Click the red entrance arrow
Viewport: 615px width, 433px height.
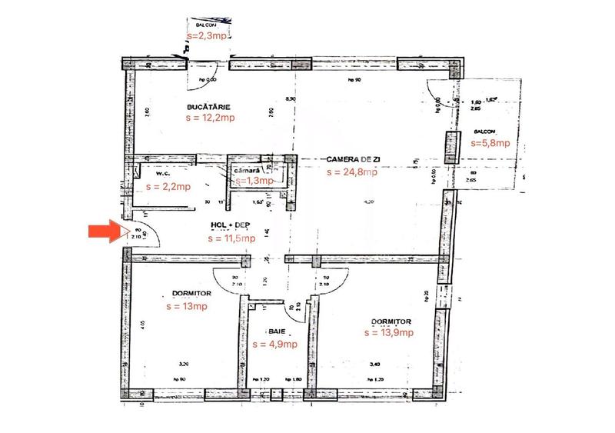point(106,231)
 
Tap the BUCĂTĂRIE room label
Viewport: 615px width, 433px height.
point(208,107)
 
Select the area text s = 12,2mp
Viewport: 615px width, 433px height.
point(209,119)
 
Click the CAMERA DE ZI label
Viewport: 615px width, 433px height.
point(354,159)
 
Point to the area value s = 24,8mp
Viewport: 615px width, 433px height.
point(351,172)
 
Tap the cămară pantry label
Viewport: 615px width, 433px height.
point(254,168)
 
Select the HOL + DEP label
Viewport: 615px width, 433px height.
point(231,225)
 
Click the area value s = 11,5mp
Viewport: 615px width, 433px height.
point(231,238)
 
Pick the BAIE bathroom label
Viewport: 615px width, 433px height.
point(276,331)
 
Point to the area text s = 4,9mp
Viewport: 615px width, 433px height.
point(274,344)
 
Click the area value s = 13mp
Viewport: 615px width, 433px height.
point(187,305)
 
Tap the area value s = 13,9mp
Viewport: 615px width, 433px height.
point(387,332)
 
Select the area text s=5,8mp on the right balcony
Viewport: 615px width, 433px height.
point(489,142)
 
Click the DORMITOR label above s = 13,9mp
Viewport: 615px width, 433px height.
point(391,321)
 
